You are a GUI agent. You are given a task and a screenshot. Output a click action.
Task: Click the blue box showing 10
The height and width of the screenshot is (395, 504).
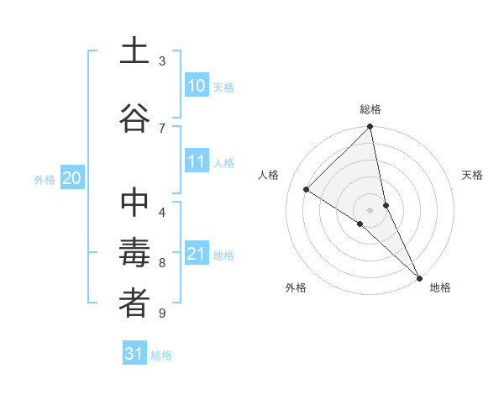click(x=196, y=86)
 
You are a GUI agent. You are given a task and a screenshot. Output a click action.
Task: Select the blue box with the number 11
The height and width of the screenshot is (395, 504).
click(x=196, y=162)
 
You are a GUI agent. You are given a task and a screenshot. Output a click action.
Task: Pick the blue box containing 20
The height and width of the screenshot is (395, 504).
click(x=71, y=178)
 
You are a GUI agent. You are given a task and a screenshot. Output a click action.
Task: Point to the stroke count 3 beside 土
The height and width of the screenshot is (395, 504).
click(x=162, y=61)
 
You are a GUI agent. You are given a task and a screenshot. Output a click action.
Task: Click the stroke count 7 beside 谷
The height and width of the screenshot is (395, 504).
click(x=162, y=128)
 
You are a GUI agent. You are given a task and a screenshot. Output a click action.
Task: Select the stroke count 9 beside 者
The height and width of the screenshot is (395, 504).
click(x=162, y=313)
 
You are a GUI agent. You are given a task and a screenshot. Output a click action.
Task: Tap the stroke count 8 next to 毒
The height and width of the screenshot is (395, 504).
click(x=162, y=263)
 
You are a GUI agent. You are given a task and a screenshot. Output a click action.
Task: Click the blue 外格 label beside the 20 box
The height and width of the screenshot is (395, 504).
click(x=45, y=179)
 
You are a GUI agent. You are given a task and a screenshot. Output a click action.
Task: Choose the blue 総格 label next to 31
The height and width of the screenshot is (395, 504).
click(x=161, y=355)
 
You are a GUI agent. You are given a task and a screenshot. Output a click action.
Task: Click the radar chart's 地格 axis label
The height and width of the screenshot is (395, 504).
click(x=440, y=287)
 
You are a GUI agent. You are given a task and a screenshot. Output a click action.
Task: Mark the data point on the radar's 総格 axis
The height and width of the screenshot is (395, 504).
click(x=370, y=127)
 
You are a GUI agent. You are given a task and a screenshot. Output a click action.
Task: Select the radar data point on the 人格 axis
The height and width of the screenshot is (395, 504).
click(x=307, y=190)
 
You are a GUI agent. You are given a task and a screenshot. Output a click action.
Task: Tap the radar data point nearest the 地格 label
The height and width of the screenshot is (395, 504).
click(x=418, y=277)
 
